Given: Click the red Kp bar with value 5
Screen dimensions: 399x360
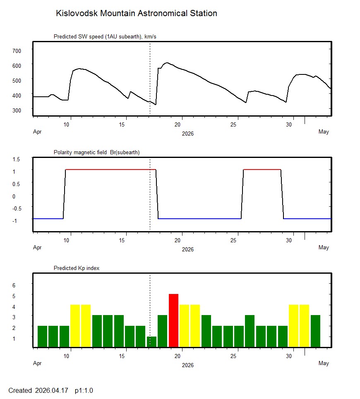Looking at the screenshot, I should (x=173, y=320).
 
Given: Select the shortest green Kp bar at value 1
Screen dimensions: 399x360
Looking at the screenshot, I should (x=152, y=342).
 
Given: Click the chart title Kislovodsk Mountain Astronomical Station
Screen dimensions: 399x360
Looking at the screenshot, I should (x=137, y=13).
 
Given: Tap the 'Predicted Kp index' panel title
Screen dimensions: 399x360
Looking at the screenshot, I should (x=77, y=268).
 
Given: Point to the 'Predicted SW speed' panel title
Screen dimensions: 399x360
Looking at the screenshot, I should (x=105, y=37).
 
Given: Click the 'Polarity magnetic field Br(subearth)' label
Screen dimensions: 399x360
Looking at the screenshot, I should (x=96, y=152).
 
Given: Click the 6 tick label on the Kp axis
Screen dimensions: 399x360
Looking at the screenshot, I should (x=14, y=285).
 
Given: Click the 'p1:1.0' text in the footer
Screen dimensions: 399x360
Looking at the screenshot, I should (x=84, y=390).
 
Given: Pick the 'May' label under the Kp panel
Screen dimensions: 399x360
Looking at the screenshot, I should (x=324, y=363).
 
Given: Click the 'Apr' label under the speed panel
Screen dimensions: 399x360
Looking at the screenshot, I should (x=37, y=132).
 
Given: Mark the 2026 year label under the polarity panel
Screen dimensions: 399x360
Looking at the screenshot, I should (x=187, y=249).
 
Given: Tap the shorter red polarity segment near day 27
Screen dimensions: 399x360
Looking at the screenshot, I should (x=262, y=170).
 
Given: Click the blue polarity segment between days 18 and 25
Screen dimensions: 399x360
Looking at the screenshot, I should (x=200, y=219).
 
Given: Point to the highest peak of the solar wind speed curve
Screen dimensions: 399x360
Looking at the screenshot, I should (x=167, y=63).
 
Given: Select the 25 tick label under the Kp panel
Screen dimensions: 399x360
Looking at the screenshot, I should (x=234, y=356).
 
